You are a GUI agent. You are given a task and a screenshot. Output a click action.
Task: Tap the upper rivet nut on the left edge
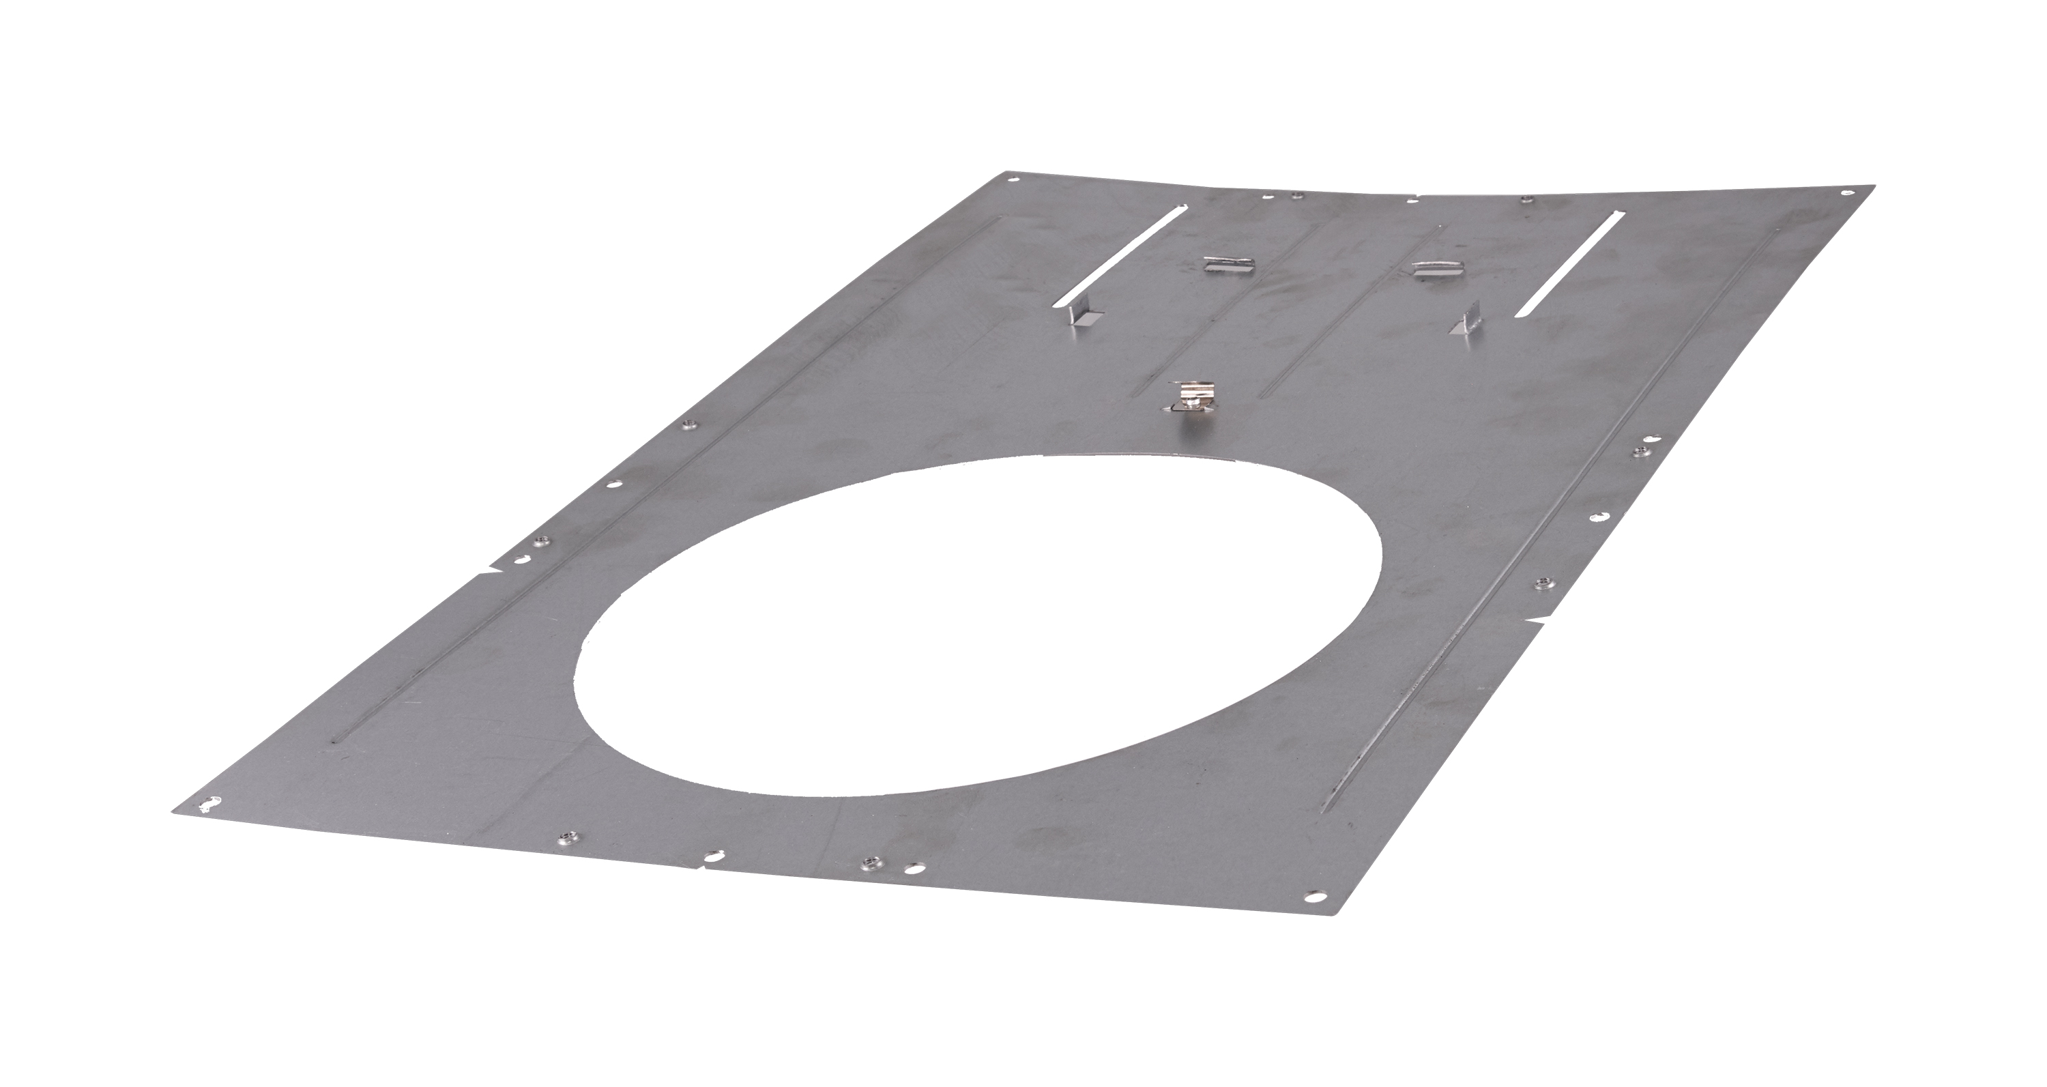689,425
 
